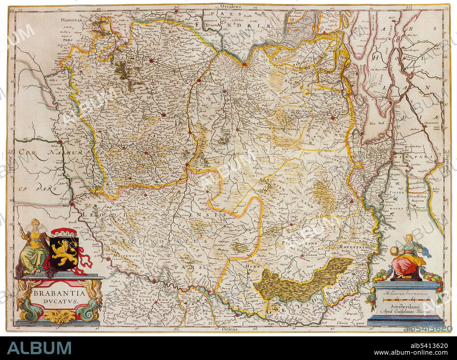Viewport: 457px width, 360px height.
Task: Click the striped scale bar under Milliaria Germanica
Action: click(x=404, y=301)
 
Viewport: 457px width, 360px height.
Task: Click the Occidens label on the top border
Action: click(x=230, y=7)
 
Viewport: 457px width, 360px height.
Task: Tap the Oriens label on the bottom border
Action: click(x=230, y=329)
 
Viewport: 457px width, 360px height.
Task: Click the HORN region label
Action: click(x=251, y=266)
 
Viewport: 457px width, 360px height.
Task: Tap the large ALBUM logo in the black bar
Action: click(x=39, y=348)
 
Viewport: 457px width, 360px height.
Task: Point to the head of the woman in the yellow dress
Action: click(x=35, y=223)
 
